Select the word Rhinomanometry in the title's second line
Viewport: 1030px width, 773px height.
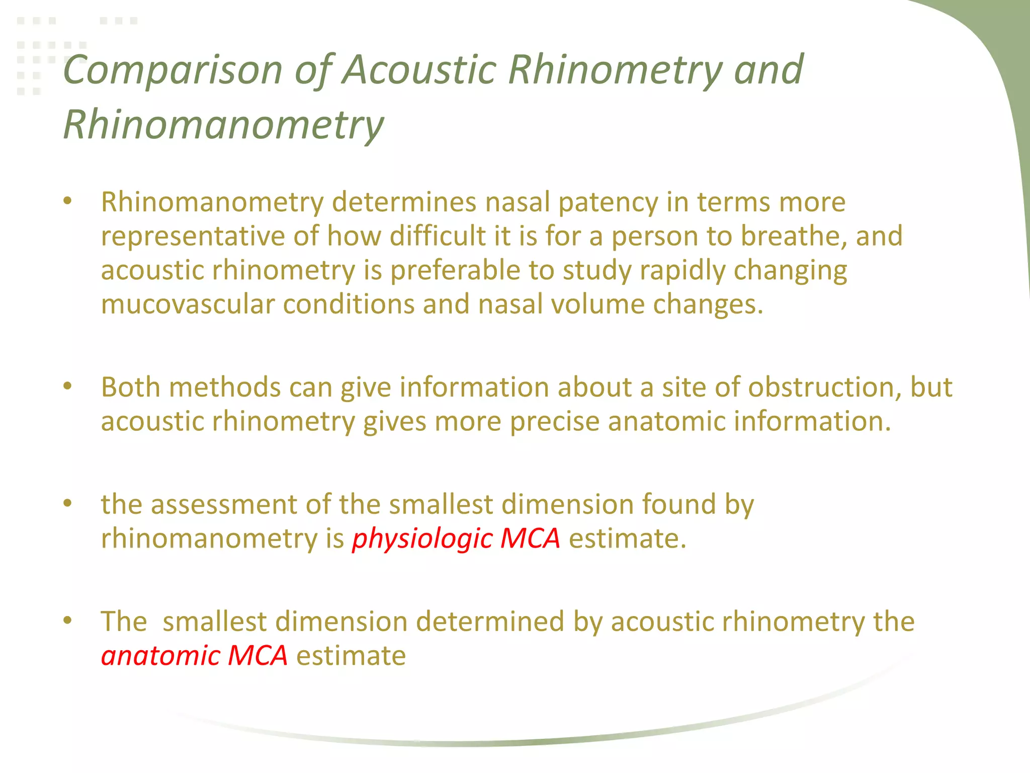223,125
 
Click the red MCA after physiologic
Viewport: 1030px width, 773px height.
530,538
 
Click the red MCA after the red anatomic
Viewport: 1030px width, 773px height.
257,656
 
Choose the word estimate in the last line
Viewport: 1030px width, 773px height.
351,656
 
